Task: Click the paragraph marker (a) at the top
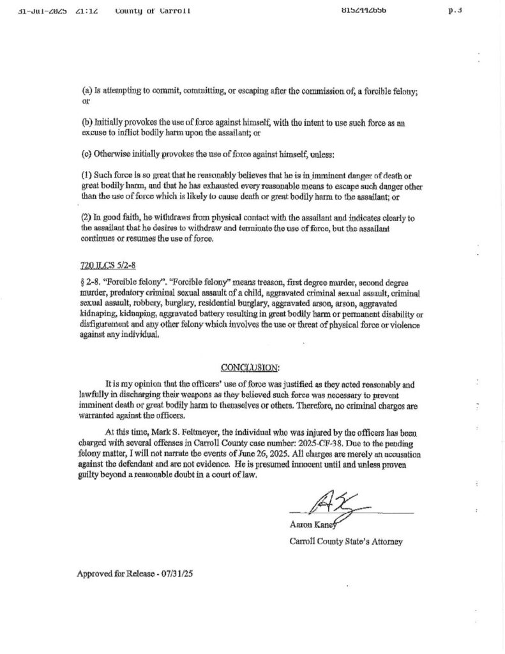86,91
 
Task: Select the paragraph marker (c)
86,153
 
